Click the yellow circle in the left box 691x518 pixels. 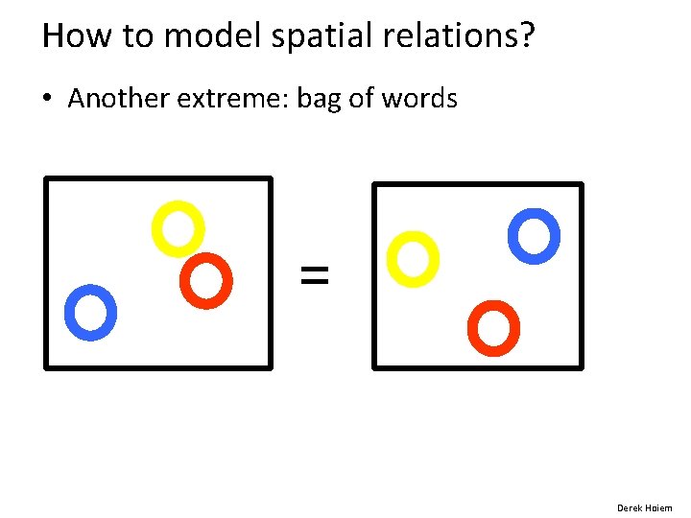click(x=178, y=227)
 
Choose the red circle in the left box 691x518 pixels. click(x=206, y=280)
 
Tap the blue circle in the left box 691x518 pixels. click(x=90, y=312)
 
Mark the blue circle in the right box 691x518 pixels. click(x=534, y=235)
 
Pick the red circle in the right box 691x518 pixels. click(x=493, y=327)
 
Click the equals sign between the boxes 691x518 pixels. click(x=314, y=275)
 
